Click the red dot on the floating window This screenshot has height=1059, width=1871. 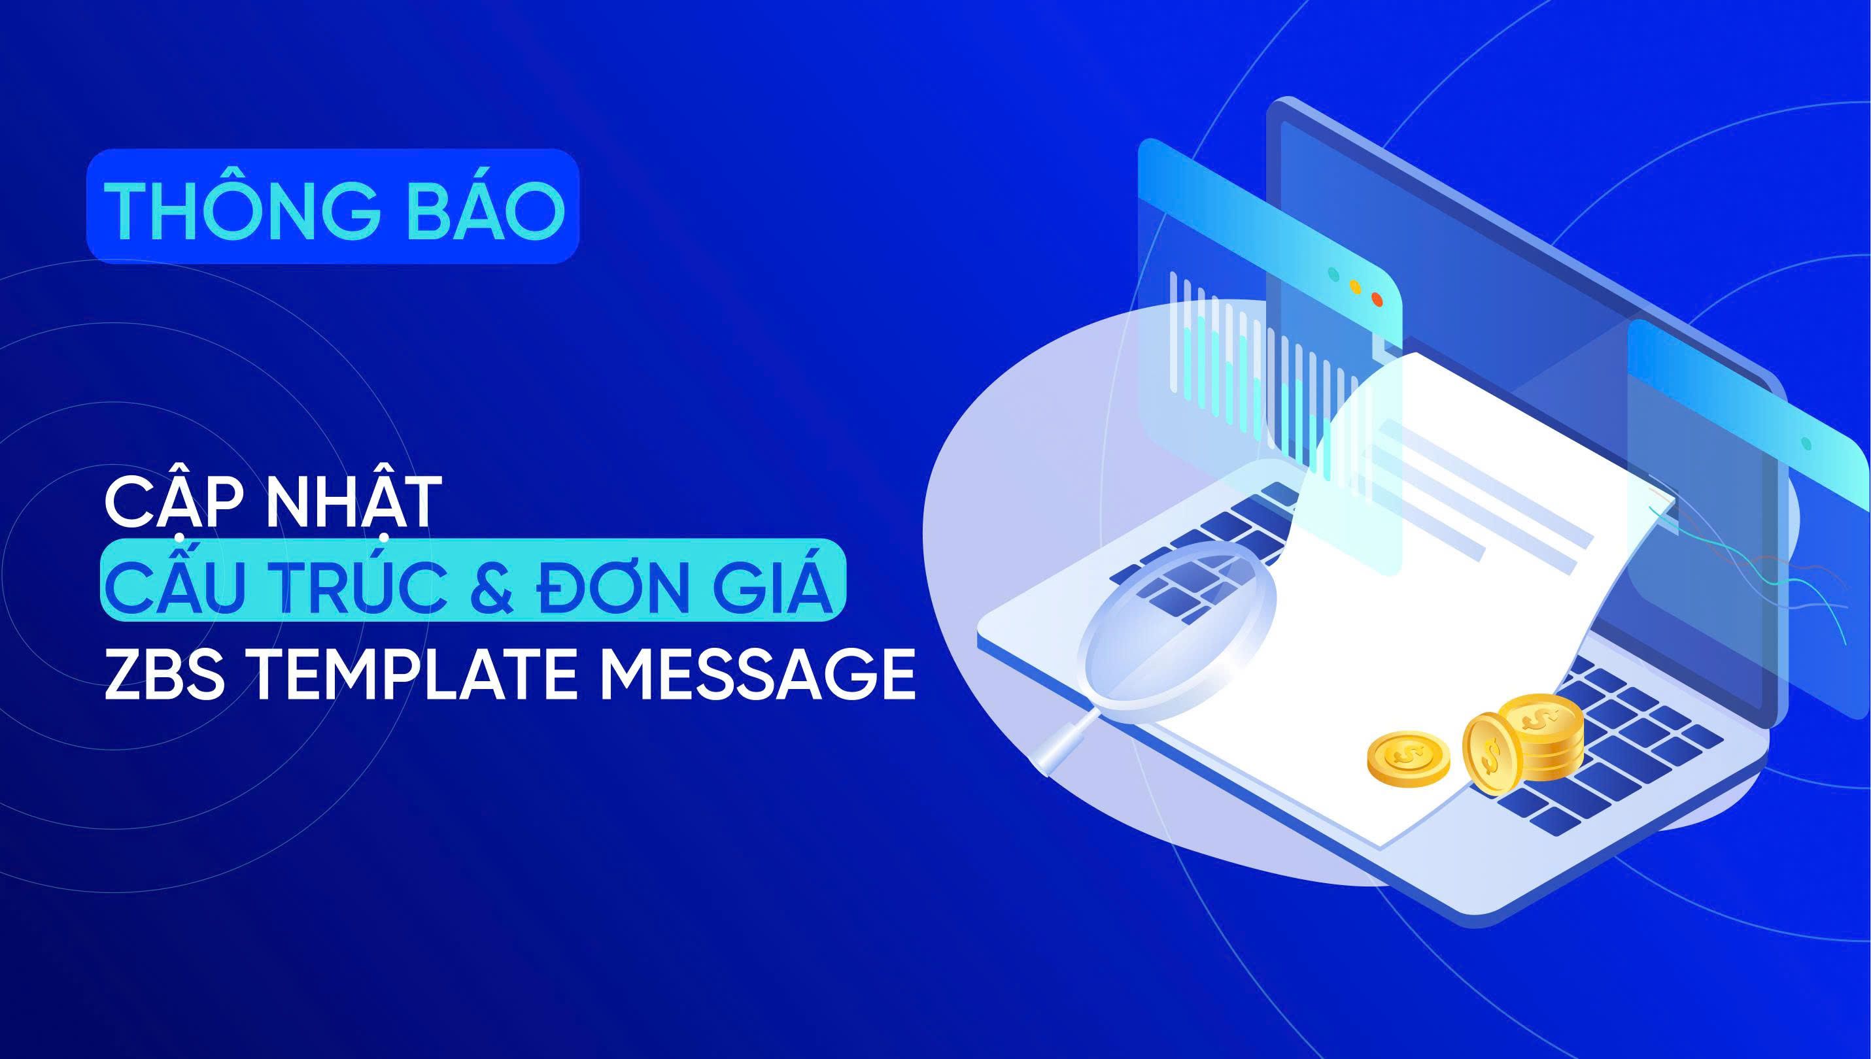[1375, 297]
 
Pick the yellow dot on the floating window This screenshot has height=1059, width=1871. [1354, 286]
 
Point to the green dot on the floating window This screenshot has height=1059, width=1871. [1333, 274]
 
